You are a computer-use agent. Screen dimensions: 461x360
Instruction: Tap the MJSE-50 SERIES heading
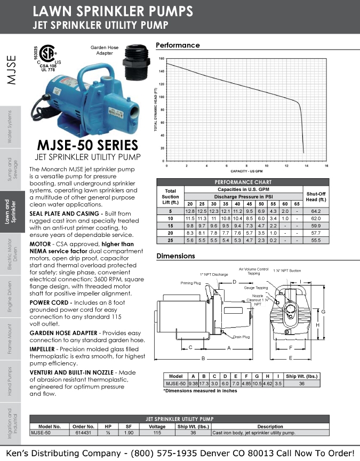[87, 145]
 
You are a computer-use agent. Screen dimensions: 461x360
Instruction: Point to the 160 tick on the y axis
[162, 58]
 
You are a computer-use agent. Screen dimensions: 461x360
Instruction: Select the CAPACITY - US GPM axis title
[246, 171]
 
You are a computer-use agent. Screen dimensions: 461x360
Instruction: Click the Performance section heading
[178, 45]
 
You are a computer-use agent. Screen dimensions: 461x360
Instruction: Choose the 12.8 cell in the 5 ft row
[190, 211]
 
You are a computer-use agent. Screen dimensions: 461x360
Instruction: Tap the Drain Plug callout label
[241, 337]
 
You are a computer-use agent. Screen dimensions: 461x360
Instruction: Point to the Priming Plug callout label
[190, 283]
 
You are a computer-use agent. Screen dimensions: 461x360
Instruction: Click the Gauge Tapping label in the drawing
[256, 288]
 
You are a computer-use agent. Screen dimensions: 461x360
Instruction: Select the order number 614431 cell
[83, 433]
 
